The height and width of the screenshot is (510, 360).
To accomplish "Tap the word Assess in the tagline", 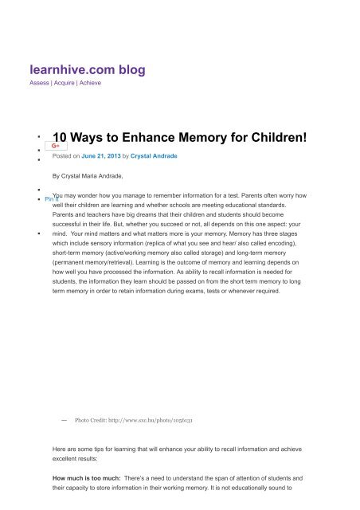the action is click(x=39, y=83).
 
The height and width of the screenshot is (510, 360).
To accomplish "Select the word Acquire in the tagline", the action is click(x=66, y=83).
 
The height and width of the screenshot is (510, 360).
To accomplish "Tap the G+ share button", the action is click(x=56, y=147).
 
